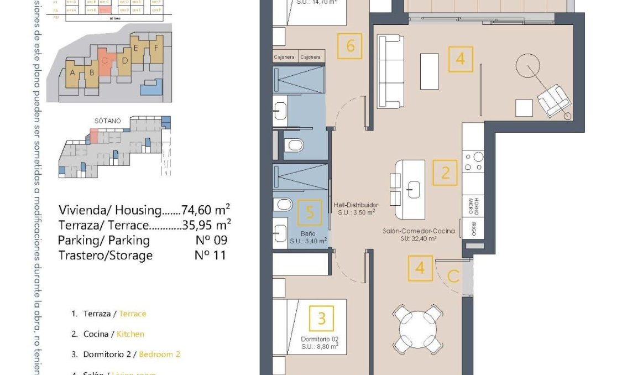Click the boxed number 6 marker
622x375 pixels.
click(350, 46)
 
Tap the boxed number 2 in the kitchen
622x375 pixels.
click(445, 173)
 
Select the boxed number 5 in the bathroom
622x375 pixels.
click(310, 212)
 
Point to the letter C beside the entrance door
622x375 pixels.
click(453, 277)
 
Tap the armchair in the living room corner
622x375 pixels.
click(553, 101)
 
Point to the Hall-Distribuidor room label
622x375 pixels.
click(356, 205)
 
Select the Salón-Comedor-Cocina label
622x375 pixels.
click(418, 232)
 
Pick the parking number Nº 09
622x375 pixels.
click(211, 240)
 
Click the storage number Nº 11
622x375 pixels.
click(211, 256)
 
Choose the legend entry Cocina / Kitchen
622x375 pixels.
click(108, 334)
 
